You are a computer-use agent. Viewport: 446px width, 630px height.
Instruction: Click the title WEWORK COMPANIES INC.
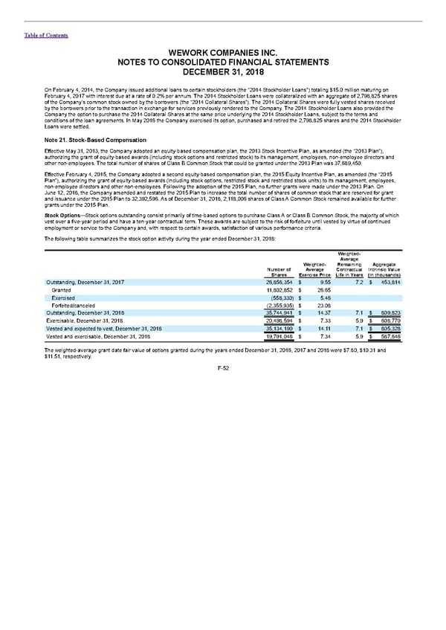click(x=222, y=52)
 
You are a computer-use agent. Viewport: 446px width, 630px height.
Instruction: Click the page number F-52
click(x=222, y=366)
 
